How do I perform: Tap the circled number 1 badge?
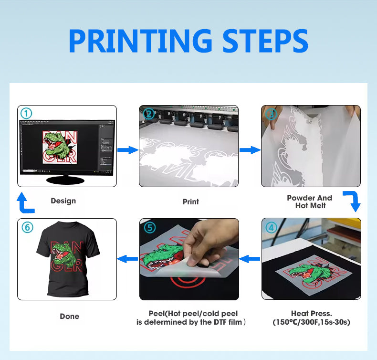click(26, 114)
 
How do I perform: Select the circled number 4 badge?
click(271, 227)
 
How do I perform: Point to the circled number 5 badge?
click(149, 227)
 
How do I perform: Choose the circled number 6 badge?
click(27, 227)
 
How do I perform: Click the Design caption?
click(63, 201)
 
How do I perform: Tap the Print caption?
click(190, 201)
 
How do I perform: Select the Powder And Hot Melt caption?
click(309, 201)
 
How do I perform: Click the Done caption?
click(69, 316)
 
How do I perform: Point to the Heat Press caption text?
click(311, 318)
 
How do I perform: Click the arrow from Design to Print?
click(127, 150)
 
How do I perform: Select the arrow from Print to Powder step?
click(249, 150)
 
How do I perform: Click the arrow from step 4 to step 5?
click(250, 259)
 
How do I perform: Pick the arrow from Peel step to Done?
click(127, 259)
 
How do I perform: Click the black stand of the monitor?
click(66, 180)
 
